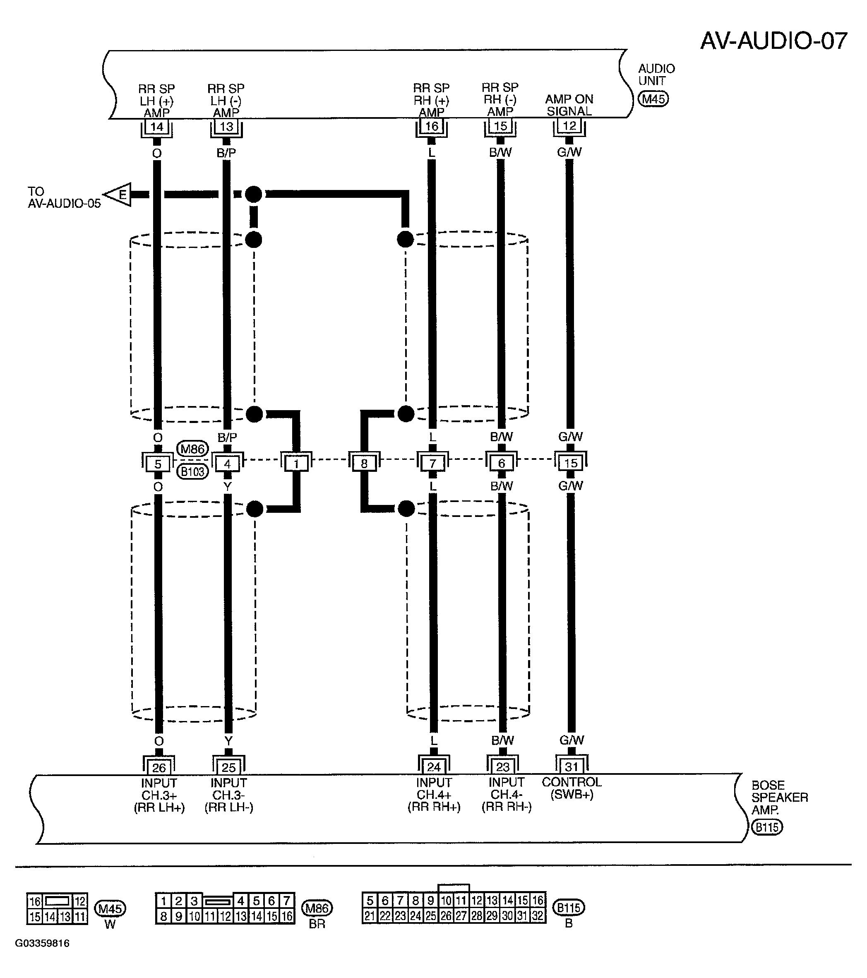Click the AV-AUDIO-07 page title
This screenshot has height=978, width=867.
pos(774,41)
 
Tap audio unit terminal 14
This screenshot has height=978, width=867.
pos(156,127)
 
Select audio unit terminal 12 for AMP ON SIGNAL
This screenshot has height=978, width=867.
pos(569,126)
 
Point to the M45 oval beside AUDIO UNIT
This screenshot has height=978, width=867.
pos(653,99)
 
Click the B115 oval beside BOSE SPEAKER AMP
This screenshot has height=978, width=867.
pos(767,827)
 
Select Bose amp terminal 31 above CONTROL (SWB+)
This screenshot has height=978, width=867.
pos(572,767)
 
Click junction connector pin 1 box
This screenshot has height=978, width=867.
pos(296,463)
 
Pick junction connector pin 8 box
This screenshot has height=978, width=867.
pos(364,463)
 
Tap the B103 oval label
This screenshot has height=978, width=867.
pos(193,472)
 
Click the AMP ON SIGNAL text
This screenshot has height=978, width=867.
pos(569,105)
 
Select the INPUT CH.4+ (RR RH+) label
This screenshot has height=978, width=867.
pos(434,795)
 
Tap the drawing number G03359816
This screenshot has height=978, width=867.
pos(42,944)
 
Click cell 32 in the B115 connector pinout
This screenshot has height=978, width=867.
pos(538,916)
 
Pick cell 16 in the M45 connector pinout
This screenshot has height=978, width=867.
pos(35,901)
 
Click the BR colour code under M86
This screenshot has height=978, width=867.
pos(317,924)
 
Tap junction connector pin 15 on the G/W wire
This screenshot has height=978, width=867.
pos(571,463)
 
